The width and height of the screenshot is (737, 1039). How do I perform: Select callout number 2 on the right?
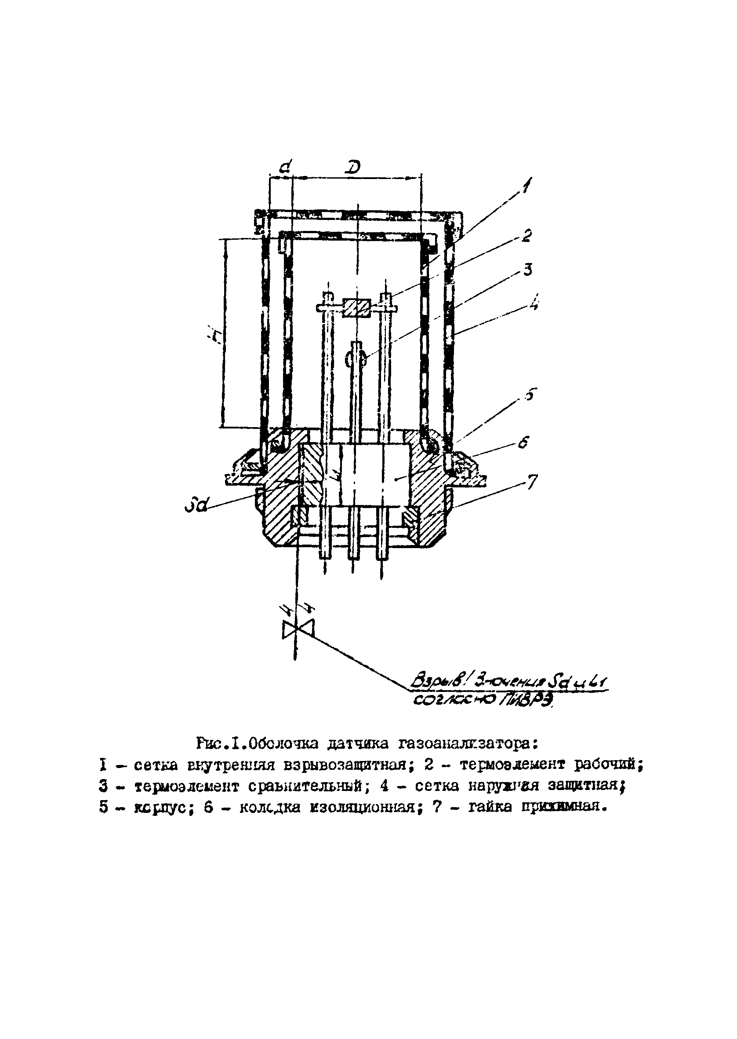pos(526,236)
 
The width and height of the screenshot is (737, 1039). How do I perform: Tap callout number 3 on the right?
pos(527,270)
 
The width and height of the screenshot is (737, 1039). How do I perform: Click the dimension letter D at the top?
pos(352,167)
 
